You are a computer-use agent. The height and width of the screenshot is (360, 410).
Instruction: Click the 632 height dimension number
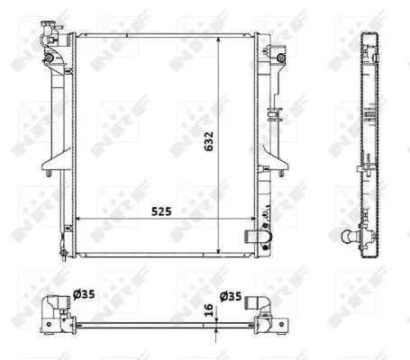coord(209,141)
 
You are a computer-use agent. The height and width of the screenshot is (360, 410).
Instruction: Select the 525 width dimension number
coord(161,211)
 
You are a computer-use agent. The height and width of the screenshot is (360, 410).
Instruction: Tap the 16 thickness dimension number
coord(208,310)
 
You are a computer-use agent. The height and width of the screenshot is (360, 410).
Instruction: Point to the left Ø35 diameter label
coord(84,294)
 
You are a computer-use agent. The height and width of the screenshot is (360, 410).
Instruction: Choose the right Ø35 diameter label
coord(231,296)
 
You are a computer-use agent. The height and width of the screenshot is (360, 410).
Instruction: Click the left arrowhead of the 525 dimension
coord(79,219)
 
